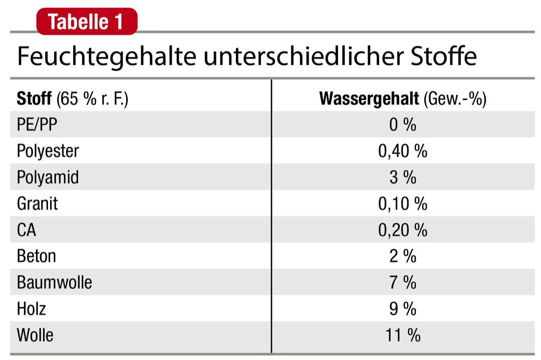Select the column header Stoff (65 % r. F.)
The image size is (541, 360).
(x=73, y=99)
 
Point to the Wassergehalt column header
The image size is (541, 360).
(x=403, y=99)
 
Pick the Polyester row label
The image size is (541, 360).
(x=48, y=151)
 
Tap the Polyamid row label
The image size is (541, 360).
(x=48, y=177)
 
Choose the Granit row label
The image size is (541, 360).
(x=37, y=204)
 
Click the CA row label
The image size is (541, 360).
(x=27, y=230)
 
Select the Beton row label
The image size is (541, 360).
(x=36, y=256)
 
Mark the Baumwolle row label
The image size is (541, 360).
(x=54, y=282)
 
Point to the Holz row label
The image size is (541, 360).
(x=31, y=308)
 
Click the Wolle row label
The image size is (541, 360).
(x=35, y=334)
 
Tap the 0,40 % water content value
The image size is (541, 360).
(x=403, y=151)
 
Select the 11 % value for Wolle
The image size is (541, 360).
(x=403, y=334)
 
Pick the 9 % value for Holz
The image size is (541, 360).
(x=403, y=308)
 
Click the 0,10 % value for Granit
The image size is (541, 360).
(x=403, y=204)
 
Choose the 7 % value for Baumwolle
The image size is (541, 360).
(x=403, y=282)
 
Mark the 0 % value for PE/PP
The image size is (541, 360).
(x=403, y=125)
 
